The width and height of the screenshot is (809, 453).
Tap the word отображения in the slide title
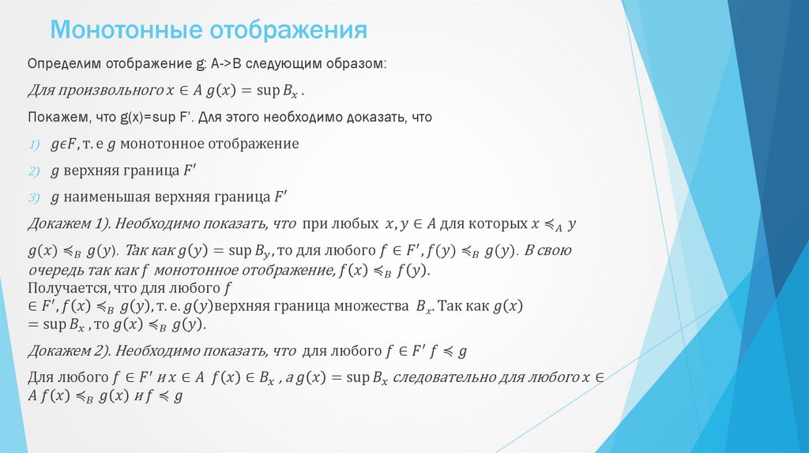tap(288, 31)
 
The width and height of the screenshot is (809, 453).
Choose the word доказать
tap(374, 117)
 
